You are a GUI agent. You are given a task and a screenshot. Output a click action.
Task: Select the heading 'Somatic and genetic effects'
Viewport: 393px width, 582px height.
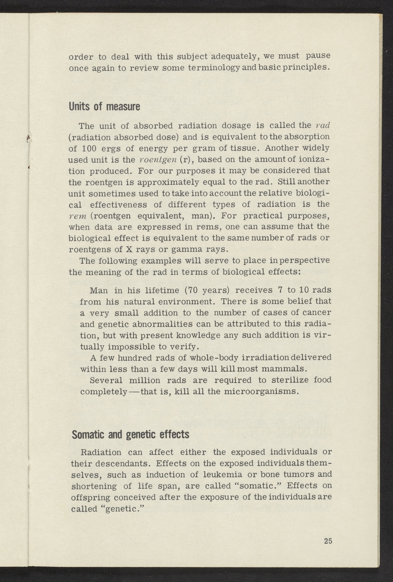pos(130,435)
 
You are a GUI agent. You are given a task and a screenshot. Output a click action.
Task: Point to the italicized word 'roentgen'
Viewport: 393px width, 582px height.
pos(158,160)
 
